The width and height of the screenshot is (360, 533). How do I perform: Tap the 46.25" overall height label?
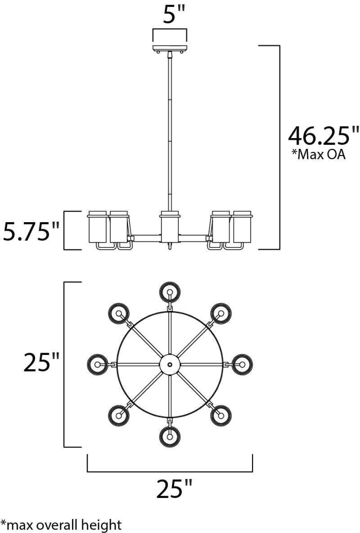click(323, 135)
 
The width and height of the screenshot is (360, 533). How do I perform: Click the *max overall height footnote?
click(61, 525)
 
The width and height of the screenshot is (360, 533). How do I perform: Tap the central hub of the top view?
click(170, 364)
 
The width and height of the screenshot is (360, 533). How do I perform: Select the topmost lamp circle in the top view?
click(170, 291)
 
